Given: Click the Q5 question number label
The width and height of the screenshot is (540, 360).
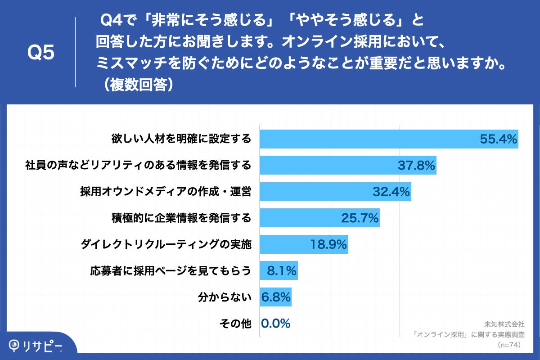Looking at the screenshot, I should point(41,53).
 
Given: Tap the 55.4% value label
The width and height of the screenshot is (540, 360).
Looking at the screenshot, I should point(498,139).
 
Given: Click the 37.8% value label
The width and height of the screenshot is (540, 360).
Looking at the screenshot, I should point(416,166).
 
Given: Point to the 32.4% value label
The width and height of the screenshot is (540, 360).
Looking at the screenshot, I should point(391,192).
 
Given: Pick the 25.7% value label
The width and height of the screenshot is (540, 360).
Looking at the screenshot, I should point(360,219).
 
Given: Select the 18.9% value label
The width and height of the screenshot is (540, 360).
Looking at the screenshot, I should point(328,245).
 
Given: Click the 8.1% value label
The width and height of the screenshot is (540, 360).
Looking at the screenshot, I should point(282,271).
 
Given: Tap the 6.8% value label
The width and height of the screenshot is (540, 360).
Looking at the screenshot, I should point(276,297).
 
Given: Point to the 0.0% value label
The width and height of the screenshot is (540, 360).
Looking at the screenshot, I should point(276,324).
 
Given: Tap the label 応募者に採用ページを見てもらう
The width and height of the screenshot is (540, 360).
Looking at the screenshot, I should point(171,271).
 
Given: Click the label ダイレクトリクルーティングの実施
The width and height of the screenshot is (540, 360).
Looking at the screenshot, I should point(166,245).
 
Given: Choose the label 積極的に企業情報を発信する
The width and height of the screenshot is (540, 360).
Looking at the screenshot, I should point(181,219).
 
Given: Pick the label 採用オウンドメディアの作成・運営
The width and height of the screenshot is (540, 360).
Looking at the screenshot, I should point(166,192).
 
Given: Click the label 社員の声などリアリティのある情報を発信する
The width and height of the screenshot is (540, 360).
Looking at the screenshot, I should point(138,166).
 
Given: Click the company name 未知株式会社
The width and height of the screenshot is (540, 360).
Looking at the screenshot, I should point(504,324).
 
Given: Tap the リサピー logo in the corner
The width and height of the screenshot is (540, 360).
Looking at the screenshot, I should point(36,346).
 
